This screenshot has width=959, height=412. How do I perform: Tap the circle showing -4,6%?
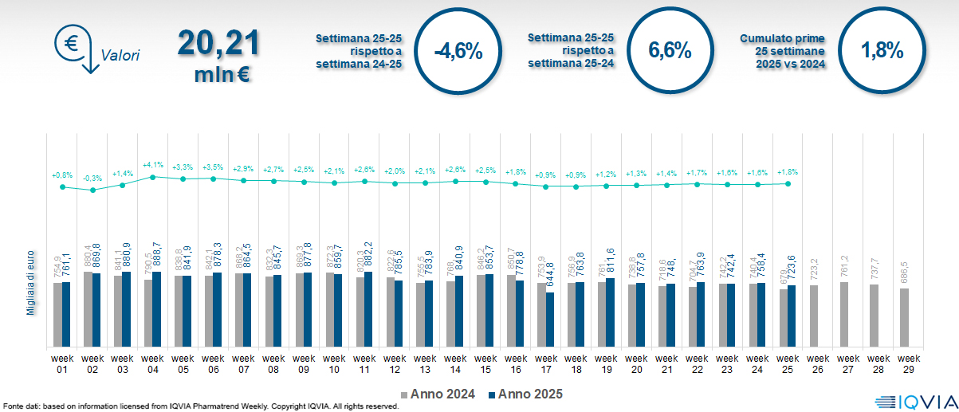click(x=458, y=51)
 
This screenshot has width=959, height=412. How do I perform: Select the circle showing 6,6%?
click(x=670, y=51)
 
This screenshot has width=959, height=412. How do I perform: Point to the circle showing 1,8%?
click(x=882, y=51)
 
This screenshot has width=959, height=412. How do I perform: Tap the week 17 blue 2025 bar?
click(x=550, y=319)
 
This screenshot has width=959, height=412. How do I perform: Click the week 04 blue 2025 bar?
click(x=157, y=308)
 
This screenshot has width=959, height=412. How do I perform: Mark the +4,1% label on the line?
click(x=152, y=165)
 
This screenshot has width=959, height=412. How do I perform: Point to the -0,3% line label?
click(x=92, y=179)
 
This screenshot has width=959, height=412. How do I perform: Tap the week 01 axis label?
click(x=62, y=363)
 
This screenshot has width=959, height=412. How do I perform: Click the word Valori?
click(x=120, y=56)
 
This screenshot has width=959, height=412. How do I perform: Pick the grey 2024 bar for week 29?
click(x=904, y=317)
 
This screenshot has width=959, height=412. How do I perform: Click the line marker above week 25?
click(x=788, y=183)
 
